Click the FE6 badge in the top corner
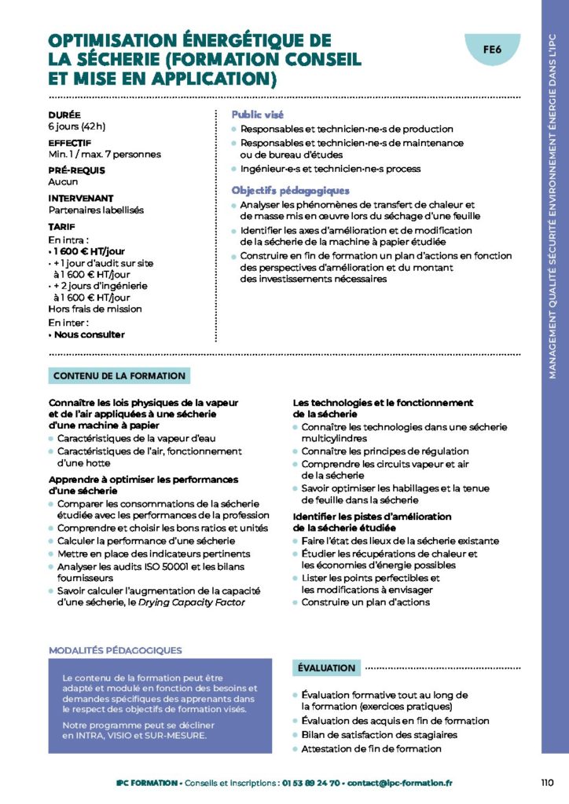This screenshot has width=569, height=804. [x=492, y=49]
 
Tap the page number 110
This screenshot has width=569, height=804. [x=548, y=782]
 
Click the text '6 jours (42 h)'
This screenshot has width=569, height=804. [x=77, y=126]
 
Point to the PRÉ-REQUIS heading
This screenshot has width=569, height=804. [x=76, y=170]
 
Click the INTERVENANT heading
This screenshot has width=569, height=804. [x=81, y=199]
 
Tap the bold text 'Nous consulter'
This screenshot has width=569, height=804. [x=89, y=334]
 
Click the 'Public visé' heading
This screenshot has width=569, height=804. [x=257, y=115]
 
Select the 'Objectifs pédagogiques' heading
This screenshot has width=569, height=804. [x=290, y=190]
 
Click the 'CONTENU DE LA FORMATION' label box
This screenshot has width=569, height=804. [x=119, y=376]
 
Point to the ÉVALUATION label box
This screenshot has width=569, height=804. [x=326, y=668]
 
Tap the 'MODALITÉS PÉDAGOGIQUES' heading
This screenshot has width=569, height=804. [x=115, y=650]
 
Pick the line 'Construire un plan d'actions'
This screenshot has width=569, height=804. [x=365, y=602]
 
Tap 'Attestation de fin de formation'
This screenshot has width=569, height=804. [x=371, y=748]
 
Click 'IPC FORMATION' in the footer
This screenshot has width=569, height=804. [x=147, y=783]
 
